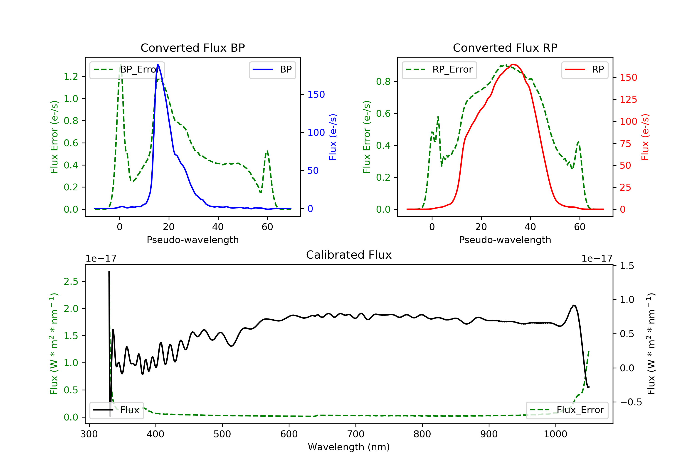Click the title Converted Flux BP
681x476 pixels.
tap(192, 48)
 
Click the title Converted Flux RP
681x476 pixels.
tap(505, 48)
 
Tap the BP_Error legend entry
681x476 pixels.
tap(127, 70)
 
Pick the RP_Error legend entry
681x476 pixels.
tap(439, 70)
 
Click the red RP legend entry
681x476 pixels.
tap(585, 70)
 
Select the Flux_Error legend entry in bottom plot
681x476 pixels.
tap(567, 410)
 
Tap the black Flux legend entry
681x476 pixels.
tap(117, 410)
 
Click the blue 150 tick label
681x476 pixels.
tap(316, 95)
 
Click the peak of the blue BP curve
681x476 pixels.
tap(158, 64)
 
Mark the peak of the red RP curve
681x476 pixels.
tap(513, 64)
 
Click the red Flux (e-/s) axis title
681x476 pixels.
tap(645, 137)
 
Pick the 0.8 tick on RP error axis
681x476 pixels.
tap(383, 81)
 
